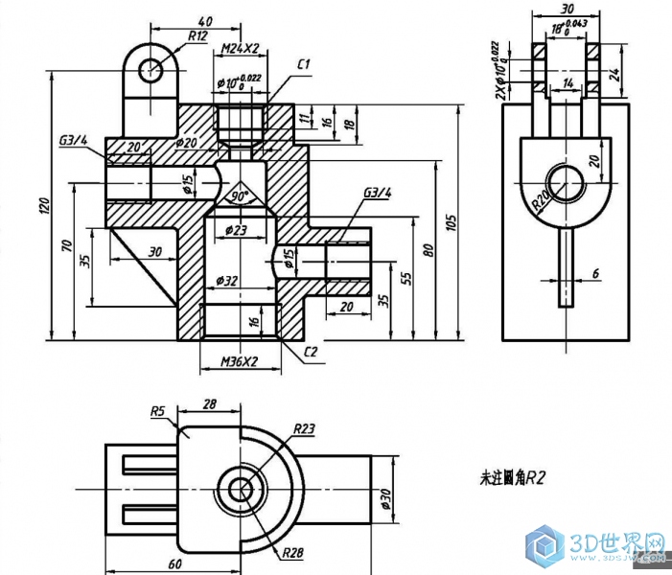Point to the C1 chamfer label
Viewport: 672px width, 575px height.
pyautogui.click(x=304, y=64)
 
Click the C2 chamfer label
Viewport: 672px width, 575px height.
pyautogui.click(x=311, y=353)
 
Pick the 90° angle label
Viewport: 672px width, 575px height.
pyautogui.click(x=239, y=196)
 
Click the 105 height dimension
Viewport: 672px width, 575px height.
pyautogui.click(x=451, y=221)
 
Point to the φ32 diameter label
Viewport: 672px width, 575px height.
pyautogui.click(x=228, y=281)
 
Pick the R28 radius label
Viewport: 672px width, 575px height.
pyautogui.click(x=294, y=552)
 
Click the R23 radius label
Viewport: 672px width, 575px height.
pyautogui.click(x=304, y=427)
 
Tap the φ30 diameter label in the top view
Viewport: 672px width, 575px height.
pyautogui.click(x=388, y=497)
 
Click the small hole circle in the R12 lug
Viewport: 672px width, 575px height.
pyautogui.click(x=151, y=69)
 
